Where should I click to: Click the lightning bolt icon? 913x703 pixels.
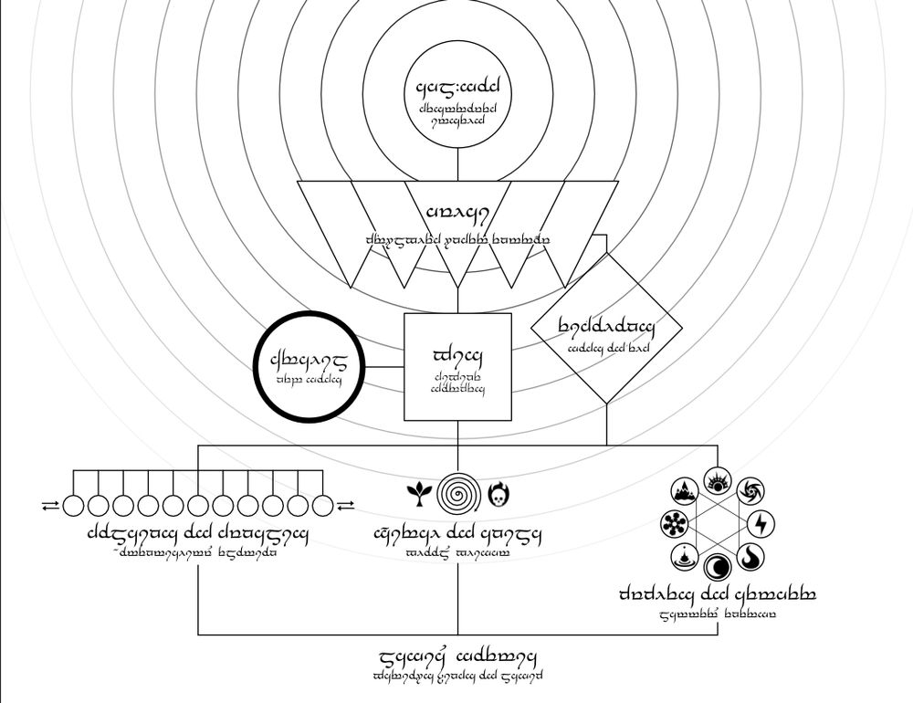pyautogui.click(x=760, y=523)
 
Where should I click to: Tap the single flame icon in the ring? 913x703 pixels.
pyautogui.click(x=750, y=555)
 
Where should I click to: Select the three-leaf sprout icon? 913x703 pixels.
pyautogui.click(x=417, y=494)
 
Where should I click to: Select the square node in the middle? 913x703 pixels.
pyautogui.click(x=457, y=367)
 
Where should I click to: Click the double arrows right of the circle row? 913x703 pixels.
pyautogui.click(x=346, y=504)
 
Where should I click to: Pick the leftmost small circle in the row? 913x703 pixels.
pyautogui.click(x=74, y=504)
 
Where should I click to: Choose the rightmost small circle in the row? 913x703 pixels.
pyautogui.click(x=322, y=504)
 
